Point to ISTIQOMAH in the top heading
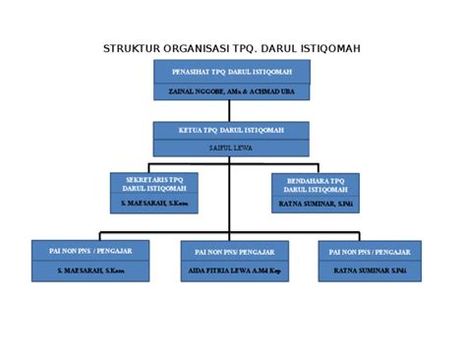click(x=330, y=49)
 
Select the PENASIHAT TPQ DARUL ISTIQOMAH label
click(x=231, y=72)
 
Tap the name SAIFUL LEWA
click(x=231, y=147)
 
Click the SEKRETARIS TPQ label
click(x=154, y=181)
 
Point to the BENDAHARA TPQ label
click(x=316, y=182)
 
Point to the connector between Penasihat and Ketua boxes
click(x=231, y=110)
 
